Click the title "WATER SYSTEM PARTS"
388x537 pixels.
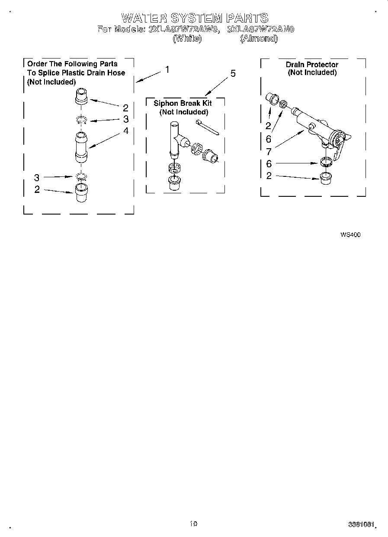point(195,18)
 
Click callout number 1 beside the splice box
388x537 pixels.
point(167,69)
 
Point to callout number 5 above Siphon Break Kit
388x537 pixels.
point(233,74)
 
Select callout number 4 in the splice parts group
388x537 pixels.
point(126,130)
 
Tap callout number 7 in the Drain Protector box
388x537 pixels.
point(269,151)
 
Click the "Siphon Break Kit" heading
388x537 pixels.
point(183,103)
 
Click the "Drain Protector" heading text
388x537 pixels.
point(312,65)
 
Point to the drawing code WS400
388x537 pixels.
point(350,235)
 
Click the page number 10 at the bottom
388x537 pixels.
point(193,524)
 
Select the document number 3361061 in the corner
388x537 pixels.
point(361,524)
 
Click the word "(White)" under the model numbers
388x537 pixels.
point(187,39)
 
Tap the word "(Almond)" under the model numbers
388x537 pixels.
point(259,39)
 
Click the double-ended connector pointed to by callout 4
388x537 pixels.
point(81,147)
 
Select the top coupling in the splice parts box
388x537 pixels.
point(82,96)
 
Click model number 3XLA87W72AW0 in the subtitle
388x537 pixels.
point(184,29)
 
